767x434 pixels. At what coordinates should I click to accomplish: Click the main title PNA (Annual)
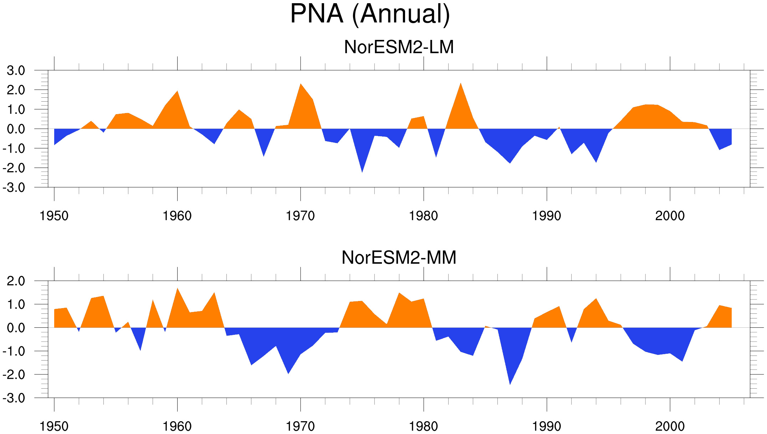(x=370, y=14)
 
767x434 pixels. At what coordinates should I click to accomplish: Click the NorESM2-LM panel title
(x=399, y=47)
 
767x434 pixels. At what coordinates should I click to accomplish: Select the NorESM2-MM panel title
(x=399, y=257)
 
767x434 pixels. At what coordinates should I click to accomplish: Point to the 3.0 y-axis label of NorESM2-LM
(x=16, y=71)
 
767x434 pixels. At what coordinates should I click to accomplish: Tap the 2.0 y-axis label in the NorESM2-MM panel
(x=16, y=281)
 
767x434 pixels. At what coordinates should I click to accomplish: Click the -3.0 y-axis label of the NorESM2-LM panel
(x=14, y=188)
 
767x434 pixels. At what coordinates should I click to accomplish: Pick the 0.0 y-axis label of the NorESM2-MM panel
(x=16, y=328)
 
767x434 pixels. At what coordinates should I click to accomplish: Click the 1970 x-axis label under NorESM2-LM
(x=300, y=216)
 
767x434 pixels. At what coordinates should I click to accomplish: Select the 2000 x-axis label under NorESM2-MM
(x=670, y=426)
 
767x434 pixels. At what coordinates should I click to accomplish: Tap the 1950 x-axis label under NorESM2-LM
(x=54, y=216)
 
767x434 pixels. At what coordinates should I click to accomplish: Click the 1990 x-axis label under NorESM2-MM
(x=547, y=426)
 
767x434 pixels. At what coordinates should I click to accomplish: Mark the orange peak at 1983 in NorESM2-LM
(x=461, y=83)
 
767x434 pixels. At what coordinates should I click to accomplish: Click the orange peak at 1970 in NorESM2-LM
(x=301, y=84)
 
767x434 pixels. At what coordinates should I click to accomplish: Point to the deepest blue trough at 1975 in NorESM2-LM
(x=362, y=172)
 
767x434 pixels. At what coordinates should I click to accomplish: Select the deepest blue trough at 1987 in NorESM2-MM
(x=510, y=384)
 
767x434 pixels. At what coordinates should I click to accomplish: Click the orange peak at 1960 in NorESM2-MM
(x=177, y=288)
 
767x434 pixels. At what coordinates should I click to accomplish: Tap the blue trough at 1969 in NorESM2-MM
(x=288, y=373)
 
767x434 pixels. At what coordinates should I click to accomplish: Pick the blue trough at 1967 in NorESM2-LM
(x=264, y=156)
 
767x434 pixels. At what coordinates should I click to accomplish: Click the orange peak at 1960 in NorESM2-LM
(x=177, y=91)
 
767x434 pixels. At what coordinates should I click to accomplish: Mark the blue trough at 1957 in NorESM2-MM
(x=140, y=350)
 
